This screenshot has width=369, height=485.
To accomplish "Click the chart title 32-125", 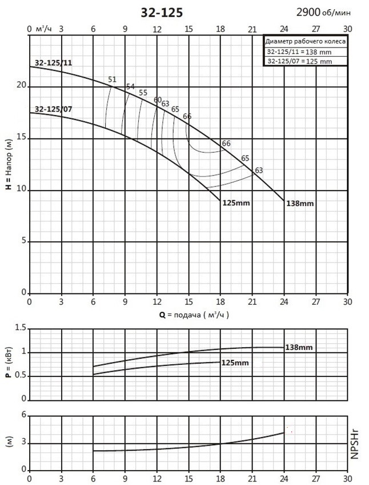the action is [162, 13].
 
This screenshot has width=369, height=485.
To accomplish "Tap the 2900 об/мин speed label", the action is [323, 13].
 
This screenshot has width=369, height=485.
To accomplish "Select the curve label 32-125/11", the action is [53, 63].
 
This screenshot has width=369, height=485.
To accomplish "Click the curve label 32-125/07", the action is [53, 109].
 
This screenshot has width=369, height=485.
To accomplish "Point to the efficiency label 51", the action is [112, 79].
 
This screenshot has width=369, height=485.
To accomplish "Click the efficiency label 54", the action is [130, 86].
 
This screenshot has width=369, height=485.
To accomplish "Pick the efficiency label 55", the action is [143, 93].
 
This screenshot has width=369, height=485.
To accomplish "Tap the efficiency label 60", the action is [158, 100].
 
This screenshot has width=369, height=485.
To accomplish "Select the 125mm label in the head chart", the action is [236, 203].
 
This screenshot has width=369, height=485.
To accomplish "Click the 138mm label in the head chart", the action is [300, 204].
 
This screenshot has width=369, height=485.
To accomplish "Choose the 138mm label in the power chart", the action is [299, 347].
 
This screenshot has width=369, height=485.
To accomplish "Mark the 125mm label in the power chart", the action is [235, 363].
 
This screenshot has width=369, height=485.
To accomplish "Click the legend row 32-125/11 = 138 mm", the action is [299, 52].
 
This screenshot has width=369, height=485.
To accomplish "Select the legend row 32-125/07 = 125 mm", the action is [299, 61].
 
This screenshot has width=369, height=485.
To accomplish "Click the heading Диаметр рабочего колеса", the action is [306, 42].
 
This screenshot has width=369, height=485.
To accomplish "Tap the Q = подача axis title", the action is [194, 315].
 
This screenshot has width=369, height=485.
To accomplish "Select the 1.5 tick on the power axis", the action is [21, 328].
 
